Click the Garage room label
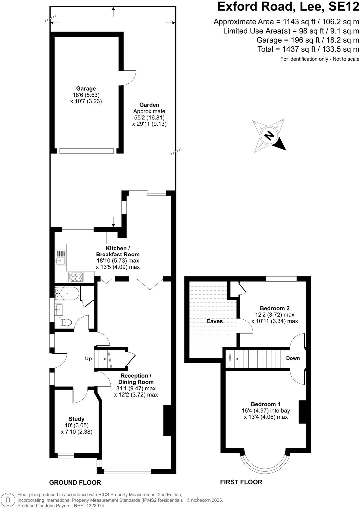(x=86, y=89)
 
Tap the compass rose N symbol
(x=269, y=135)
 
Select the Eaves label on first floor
(x=214, y=321)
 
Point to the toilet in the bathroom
(x=67, y=322)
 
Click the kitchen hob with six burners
(x=77, y=277)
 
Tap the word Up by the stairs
(x=88, y=359)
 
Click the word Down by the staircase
(x=293, y=358)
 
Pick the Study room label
(x=76, y=419)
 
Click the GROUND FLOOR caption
(x=75, y=482)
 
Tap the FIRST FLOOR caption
(x=241, y=482)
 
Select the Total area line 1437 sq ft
(x=308, y=49)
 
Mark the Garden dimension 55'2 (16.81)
(x=149, y=118)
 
